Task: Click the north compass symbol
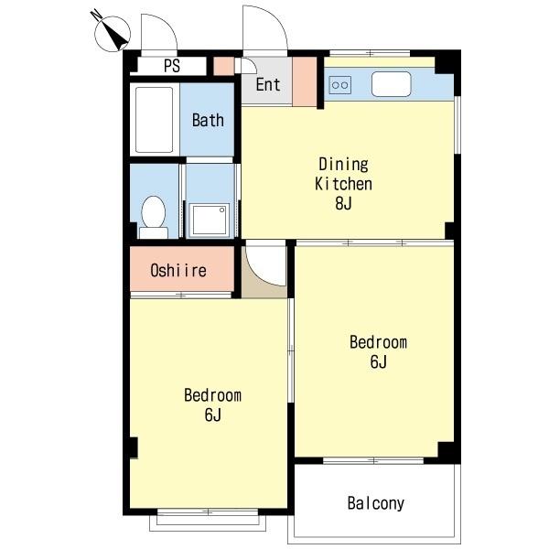[111, 32]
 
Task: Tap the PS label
[172, 66]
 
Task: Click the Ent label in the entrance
[268, 84]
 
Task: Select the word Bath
[208, 120]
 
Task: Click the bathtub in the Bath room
[154, 120]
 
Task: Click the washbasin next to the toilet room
[210, 220]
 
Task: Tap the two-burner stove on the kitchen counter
[339, 85]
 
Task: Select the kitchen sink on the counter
[391, 84]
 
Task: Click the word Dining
[343, 165]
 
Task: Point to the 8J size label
[343, 203]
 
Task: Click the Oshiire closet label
[178, 270]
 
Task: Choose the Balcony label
[376, 503]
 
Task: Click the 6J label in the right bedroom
[378, 361]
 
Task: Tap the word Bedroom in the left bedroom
[212, 395]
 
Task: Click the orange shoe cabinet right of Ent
[305, 81]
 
